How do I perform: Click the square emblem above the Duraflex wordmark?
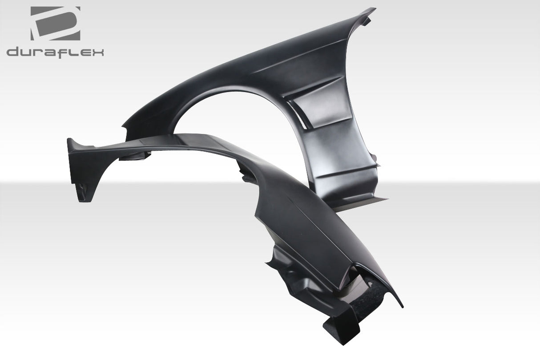click(x=55, y=23)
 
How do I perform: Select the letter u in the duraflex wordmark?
click(x=27, y=53)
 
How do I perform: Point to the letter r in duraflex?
click(x=39, y=53)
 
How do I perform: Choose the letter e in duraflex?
click(x=84, y=53)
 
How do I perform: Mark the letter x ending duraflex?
click(x=97, y=53)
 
